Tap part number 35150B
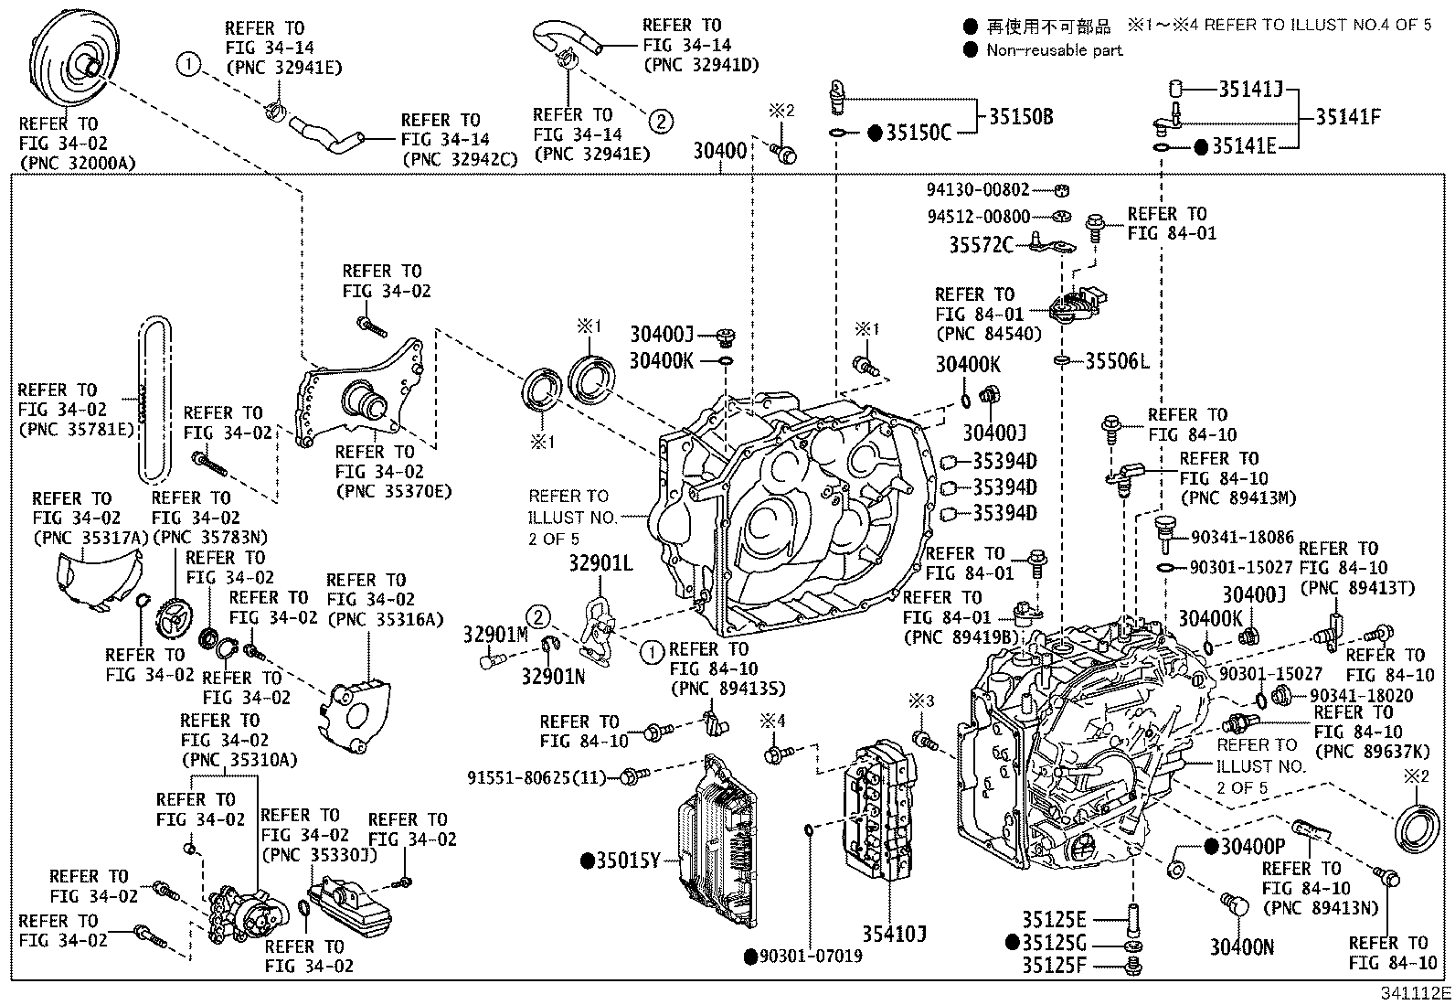coord(1021,117)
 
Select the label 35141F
coord(1348,117)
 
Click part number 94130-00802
coord(978,190)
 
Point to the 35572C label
coord(981,245)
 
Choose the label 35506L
coord(1117,361)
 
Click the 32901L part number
coord(600,563)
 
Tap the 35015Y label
coord(628,861)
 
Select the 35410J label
coord(894,935)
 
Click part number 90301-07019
coord(812,957)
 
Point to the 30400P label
coord(1253,847)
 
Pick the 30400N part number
coord(1241,947)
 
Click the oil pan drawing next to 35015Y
coord(717,842)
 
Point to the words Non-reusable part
coord(1054,50)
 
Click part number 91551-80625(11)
coord(536,777)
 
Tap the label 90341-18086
coord(1242,538)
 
